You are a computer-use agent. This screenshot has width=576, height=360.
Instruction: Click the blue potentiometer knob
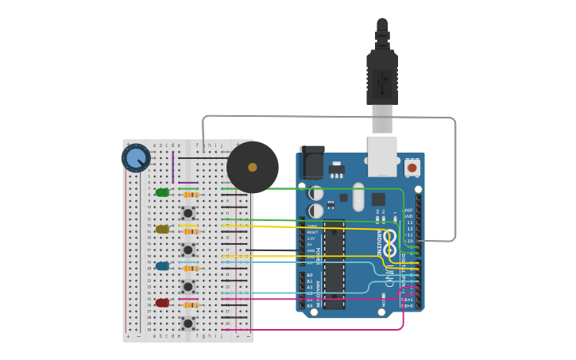(136, 157)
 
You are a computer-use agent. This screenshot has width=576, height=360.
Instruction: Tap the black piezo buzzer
(253, 167)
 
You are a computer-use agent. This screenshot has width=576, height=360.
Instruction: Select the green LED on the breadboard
(162, 192)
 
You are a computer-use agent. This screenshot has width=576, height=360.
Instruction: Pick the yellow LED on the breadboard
(162, 229)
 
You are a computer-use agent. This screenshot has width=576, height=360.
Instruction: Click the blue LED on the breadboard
(162, 266)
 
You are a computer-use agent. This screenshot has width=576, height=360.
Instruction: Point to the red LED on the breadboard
(162, 303)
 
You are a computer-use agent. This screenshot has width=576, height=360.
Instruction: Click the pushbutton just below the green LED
(188, 212)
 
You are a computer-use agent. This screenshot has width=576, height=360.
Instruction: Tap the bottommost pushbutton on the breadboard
(188, 323)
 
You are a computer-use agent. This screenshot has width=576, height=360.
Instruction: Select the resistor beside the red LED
(191, 304)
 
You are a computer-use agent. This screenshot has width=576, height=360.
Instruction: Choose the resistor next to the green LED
(191, 194)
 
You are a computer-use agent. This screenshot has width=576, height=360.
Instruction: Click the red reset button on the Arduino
(412, 168)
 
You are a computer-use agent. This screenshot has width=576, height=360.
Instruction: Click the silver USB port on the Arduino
(382, 156)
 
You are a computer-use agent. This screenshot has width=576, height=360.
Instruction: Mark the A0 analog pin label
(309, 275)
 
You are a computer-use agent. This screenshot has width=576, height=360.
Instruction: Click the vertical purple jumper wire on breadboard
(173, 166)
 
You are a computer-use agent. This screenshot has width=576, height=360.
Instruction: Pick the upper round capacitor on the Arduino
(316, 193)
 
